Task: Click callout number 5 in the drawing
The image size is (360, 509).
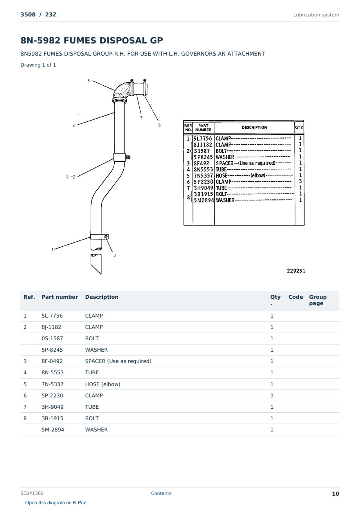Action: (x=88, y=81)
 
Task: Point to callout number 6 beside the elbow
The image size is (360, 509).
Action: (x=159, y=125)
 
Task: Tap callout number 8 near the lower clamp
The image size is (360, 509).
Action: (x=115, y=255)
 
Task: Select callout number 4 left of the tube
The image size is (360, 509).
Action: (x=74, y=126)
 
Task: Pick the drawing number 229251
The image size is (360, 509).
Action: (x=296, y=271)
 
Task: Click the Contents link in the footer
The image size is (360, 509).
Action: (x=161, y=493)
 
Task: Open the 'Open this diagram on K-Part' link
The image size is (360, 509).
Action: (x=56, y=502)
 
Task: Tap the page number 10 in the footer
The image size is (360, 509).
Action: (x=335, y=494)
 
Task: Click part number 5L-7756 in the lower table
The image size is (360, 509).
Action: (x=52, y=316)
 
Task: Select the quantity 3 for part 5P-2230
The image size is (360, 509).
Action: (x=272, y=395)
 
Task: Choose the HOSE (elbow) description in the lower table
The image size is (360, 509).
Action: (x=103, y=384)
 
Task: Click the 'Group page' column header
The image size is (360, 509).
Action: (x=318, y=300)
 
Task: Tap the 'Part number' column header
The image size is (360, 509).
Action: (x=60, y=297)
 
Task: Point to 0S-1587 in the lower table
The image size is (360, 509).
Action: (x=52, y=338)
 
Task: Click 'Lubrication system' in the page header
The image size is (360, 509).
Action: (x=316, y=15)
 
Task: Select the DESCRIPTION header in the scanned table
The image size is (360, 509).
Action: (x=254, y=128)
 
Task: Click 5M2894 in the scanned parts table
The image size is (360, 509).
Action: (x=204, y=200)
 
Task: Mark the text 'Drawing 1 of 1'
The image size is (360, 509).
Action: (x=38, y=65)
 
